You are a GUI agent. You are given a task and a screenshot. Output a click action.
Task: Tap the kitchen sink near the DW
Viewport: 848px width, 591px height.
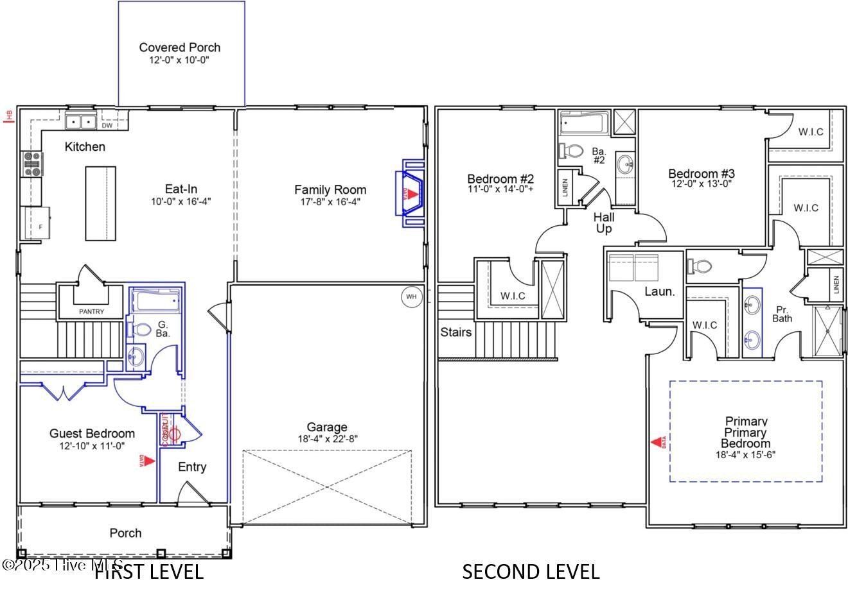pos(80,121)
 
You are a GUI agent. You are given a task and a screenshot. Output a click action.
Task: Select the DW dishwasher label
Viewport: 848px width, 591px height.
pos(107,126)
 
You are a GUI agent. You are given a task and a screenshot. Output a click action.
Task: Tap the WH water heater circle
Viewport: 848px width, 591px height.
pos(411,297)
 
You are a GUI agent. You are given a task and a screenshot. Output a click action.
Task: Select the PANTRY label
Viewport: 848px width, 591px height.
pos(91,312)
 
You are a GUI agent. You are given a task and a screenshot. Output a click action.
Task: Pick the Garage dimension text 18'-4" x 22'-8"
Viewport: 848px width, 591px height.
pos(327,439)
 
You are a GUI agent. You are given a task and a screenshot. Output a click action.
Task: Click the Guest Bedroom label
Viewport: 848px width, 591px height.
pos(92,434)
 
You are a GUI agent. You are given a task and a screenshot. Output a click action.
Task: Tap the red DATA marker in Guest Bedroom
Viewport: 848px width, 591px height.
pos(147,460)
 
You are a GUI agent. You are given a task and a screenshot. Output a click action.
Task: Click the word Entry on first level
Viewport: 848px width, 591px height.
pos(192,467)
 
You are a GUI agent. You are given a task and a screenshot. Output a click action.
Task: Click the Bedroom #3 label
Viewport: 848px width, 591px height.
pos(701,173)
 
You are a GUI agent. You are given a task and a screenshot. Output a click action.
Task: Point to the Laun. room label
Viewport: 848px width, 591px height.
pos(660,291)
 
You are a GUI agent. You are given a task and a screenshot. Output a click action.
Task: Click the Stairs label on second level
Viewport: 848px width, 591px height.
pos(456,332)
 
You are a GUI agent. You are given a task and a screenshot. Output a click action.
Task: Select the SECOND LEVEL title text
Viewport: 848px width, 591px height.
pos(531,571)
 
